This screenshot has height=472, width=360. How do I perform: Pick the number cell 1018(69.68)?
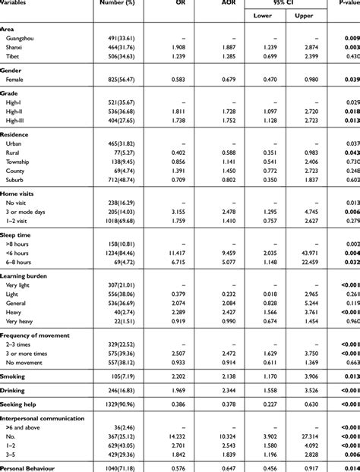[x=118, y=222]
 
